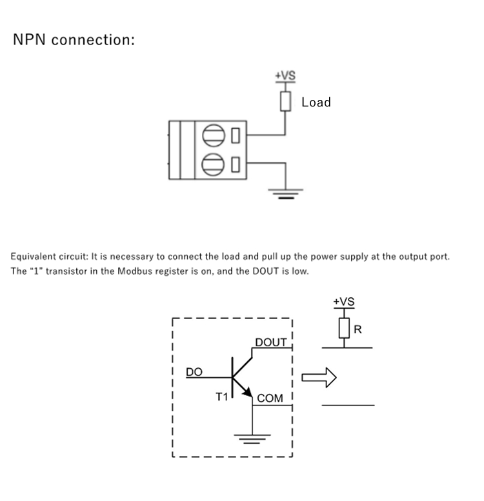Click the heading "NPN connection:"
[x=74, y=39]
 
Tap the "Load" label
[x=316, y=102]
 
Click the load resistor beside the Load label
[x=285, y=102]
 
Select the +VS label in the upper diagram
[x=285, y=76]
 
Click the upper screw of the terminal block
[x=214, y=135]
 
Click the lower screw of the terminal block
[x=214, y=164]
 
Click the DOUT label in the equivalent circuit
[x=270, y=342]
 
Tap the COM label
[x=270, y=398]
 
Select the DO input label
[x=194, y=372]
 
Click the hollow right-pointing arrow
[x=319, y=378]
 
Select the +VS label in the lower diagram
[x=343, y=302]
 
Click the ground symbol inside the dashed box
[x=252, y=440]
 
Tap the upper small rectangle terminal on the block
[x=236, y=135]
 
